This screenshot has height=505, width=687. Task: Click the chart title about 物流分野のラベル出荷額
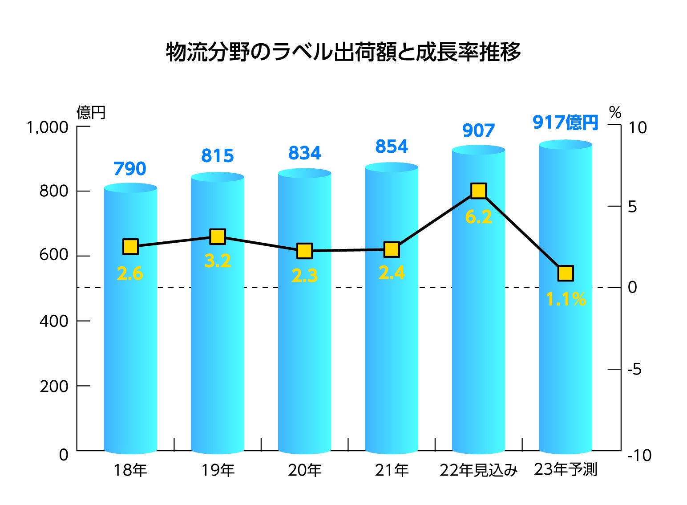click(343, 52)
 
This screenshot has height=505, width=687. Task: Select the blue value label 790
click(129, 169)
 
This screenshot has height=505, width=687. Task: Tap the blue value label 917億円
click(565, 122)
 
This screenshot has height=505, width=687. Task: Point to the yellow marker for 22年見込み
click(478, 191)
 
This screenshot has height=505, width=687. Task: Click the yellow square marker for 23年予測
click(565, 273)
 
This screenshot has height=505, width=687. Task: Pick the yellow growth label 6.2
click(478, 217)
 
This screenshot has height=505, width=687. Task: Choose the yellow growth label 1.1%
click(566, 299)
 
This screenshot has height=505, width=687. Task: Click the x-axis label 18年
click(130, 470)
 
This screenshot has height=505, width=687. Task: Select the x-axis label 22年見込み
click(478, 470)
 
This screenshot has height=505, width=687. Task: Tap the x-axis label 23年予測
click(565, 469)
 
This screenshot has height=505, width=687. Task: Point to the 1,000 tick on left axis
click(48, 127)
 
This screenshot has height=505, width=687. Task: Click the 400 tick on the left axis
click(54, 321)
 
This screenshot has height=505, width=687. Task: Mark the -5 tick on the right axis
click(634, 369)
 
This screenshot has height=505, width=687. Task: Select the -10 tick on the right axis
click(639, 455)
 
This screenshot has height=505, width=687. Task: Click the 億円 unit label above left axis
click(91, 112)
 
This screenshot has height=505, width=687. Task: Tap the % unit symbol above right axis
click(615, 112)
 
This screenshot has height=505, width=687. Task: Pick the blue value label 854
click(392, 147)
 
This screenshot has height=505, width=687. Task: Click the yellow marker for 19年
click(217, 236)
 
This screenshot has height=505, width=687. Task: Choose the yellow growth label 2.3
click(304, 276)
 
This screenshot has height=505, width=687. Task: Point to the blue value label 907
click(478, 130)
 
